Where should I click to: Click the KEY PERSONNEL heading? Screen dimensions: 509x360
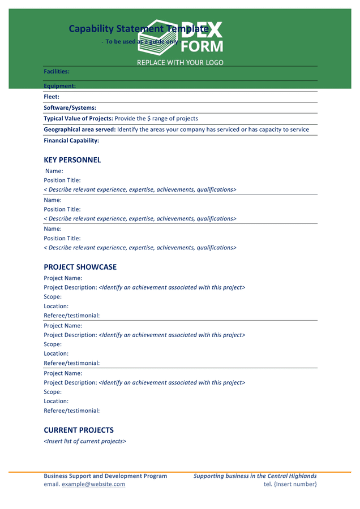pyautogui.click(x=72, y=160)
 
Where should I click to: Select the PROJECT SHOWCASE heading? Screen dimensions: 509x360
pyautogui.click(x=80, y=267)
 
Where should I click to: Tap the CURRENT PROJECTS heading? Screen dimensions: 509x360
pyautogui.click(x=78, y=430)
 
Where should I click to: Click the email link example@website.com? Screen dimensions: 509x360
pyautogui.click(x=93, y=484)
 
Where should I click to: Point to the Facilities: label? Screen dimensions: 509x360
pyautogui.click(x=57, y=72)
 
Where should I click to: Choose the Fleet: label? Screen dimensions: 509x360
pyautogui.click(x=52, y=97)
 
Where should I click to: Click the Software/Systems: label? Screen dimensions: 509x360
pyautogui.click(x=70, y=107)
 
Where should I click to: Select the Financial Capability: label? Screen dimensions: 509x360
pyautogui.click(x=71, y=140)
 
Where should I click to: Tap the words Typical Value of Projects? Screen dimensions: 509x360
pyautogui.click(x=78, y=119)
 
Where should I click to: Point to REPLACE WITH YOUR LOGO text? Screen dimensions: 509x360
pyautogui.click(x=180, y=63)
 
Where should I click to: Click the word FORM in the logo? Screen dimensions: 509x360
pyautogui.click(x=202, y=46)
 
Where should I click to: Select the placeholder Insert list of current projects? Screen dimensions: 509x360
pyautogui.click(x=85, y=441)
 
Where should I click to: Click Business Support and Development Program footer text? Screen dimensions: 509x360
pyautogui.click(x=105, y=476)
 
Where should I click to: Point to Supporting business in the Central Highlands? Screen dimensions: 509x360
pyautogui.click(x=255, y=476)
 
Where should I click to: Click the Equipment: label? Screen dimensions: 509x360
pyautogui.click(x=59, y=86)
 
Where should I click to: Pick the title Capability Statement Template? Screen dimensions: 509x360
pyautogui.click(x=138, y=28)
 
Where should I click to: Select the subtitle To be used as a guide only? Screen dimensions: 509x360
pyautogui.click(x=142, y=42)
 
